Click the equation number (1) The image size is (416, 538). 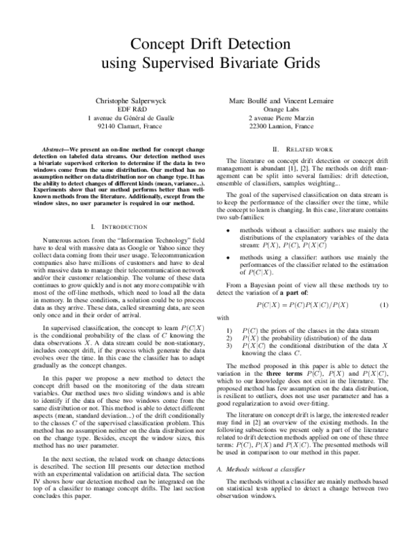383,286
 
